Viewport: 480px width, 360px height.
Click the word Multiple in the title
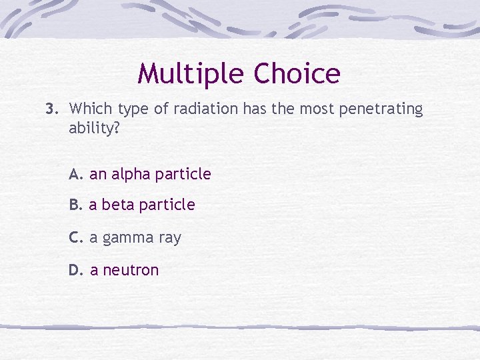point(185,74)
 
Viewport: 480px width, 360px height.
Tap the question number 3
point(51,109)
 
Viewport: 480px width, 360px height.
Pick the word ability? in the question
point(95,128)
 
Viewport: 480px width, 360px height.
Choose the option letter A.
point(76,175)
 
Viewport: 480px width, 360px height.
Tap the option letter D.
point(76,270)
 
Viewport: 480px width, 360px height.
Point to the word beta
point(119,205)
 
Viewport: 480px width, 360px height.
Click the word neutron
point(131,270)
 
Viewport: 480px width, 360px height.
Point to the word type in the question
point(135,109)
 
